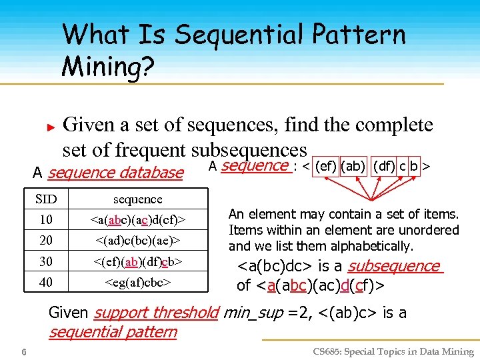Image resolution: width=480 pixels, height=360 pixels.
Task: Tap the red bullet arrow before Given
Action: tap(49, 125)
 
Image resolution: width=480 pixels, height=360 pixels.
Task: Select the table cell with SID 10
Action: tap(45, 219)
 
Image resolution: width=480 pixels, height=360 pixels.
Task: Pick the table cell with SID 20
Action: tap(45, 240)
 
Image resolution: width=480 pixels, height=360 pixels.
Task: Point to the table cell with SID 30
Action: tap(45, 261)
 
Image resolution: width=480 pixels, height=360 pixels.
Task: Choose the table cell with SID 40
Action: tap(45, 282)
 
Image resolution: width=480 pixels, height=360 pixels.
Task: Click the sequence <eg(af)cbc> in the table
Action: tap(137, 282)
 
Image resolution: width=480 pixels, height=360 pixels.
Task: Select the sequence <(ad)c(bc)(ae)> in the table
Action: tap(138, 240)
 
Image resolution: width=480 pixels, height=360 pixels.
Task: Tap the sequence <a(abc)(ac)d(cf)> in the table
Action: tap(138, 219)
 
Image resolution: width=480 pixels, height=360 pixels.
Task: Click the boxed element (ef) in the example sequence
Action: tap(325, 165)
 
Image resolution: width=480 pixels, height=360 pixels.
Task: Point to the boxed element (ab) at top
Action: tap(353, 165)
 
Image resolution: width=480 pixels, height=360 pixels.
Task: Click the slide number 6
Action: tap(23, 351)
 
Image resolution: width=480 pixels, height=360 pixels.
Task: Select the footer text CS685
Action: tap(329, 351)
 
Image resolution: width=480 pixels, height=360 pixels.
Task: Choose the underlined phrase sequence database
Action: tap(115, 173)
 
